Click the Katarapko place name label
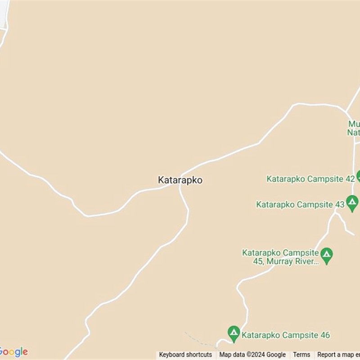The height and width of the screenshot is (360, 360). [180, 180]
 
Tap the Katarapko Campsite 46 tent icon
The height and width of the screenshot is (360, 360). [234, 334]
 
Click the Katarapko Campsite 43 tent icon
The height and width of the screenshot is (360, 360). [352, 203]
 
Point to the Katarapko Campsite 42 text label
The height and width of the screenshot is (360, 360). [310, 179]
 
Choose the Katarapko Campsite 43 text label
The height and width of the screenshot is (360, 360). [300, 204]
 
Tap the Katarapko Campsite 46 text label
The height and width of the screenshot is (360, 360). [285, 335]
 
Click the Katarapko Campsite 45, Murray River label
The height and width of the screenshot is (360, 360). [281, 257]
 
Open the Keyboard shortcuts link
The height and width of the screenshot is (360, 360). [185, 355]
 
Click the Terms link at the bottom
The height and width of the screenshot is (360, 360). [301, 355]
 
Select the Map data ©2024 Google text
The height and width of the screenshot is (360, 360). [252, 355]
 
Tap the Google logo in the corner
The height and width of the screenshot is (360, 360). [13, 352]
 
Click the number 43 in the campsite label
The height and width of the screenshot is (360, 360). [339, 204]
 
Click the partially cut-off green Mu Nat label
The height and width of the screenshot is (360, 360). [353, 128]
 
